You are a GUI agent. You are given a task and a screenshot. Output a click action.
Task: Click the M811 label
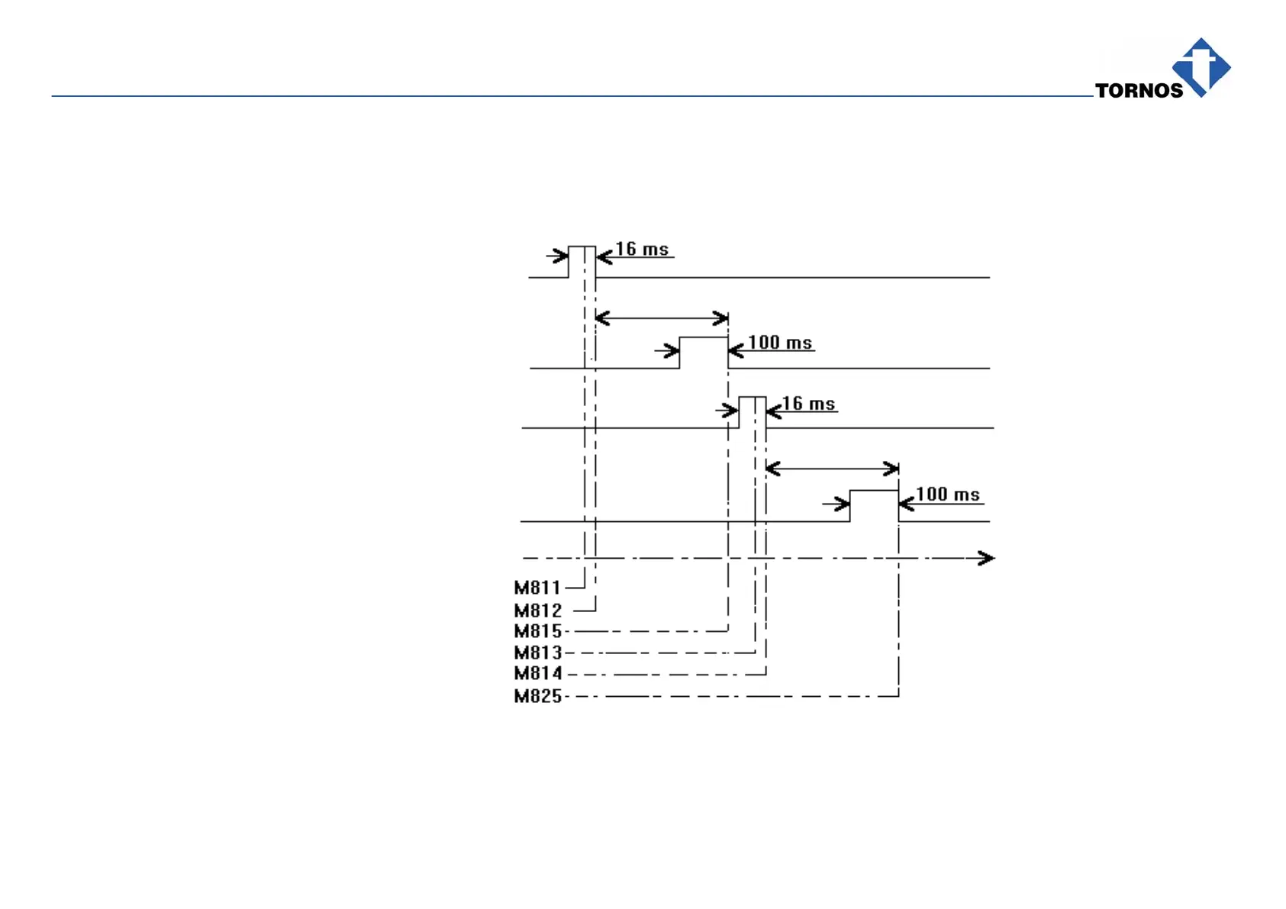537,588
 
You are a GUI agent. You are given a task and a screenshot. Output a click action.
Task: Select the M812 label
537,611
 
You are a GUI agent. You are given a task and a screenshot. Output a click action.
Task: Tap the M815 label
537,631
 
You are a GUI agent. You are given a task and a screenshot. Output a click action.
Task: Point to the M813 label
537,653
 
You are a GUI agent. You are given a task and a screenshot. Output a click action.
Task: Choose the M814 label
537,673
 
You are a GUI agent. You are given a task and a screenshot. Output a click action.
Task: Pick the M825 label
537,696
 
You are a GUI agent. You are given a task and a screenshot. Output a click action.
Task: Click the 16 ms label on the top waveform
642,250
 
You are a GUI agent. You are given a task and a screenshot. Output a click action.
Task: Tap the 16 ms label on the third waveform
808,404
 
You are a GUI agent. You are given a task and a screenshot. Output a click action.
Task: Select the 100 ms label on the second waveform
779,343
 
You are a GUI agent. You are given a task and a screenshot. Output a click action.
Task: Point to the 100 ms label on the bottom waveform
947,495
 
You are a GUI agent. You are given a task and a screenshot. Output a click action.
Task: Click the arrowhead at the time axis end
986,558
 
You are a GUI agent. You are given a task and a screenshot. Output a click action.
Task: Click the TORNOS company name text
1139,91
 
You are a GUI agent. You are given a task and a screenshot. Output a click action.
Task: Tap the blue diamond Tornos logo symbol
1201,67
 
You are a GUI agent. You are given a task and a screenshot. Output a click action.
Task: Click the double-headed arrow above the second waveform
661,318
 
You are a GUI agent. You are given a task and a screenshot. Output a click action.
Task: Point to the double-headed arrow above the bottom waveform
832,468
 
